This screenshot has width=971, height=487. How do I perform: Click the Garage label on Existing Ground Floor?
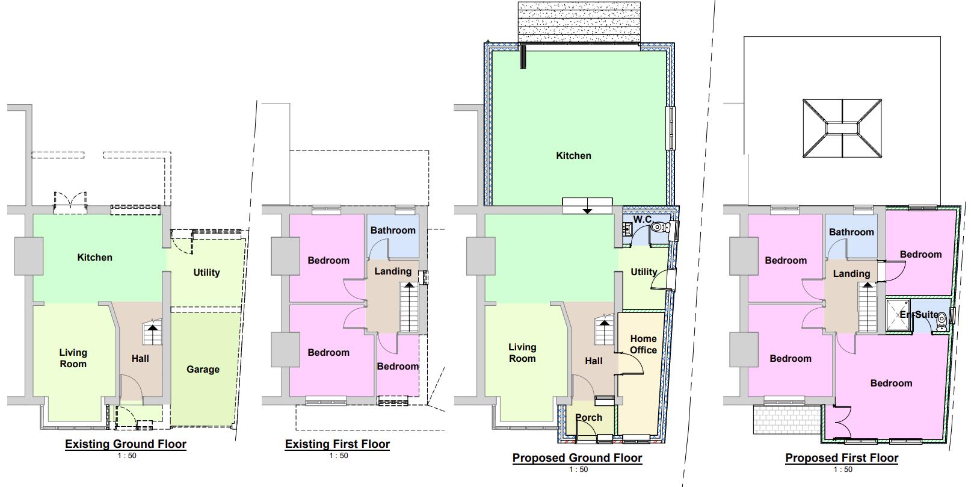click(x=203, y=370)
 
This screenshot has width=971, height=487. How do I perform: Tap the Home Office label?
click(x=643, y=344)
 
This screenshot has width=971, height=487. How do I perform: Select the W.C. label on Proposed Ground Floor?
click(x=643, y=220)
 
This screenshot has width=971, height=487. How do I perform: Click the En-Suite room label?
click(x=919, y=314)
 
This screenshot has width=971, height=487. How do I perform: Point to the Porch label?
click(x=588, y=418)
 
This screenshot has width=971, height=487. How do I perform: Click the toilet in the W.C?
click(x=661, y=227)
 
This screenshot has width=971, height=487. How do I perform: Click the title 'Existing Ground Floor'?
click(x=126, y=444)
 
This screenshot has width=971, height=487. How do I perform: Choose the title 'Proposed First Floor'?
click(x=842, y=458)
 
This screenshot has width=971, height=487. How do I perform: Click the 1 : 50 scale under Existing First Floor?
click(x=339, y=456)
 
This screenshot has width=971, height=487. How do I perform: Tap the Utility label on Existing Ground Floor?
click(x=206, y=273)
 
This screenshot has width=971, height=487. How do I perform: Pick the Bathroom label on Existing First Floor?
click(x=393, y=231)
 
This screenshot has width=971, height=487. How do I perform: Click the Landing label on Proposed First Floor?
click(x=851, y=274)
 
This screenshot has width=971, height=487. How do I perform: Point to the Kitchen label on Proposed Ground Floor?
click(x=573, y=156)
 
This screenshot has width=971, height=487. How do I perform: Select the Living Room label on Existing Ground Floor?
click(x=73, y=358)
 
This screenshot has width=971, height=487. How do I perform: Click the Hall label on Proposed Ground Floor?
click(x=593, y=361)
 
